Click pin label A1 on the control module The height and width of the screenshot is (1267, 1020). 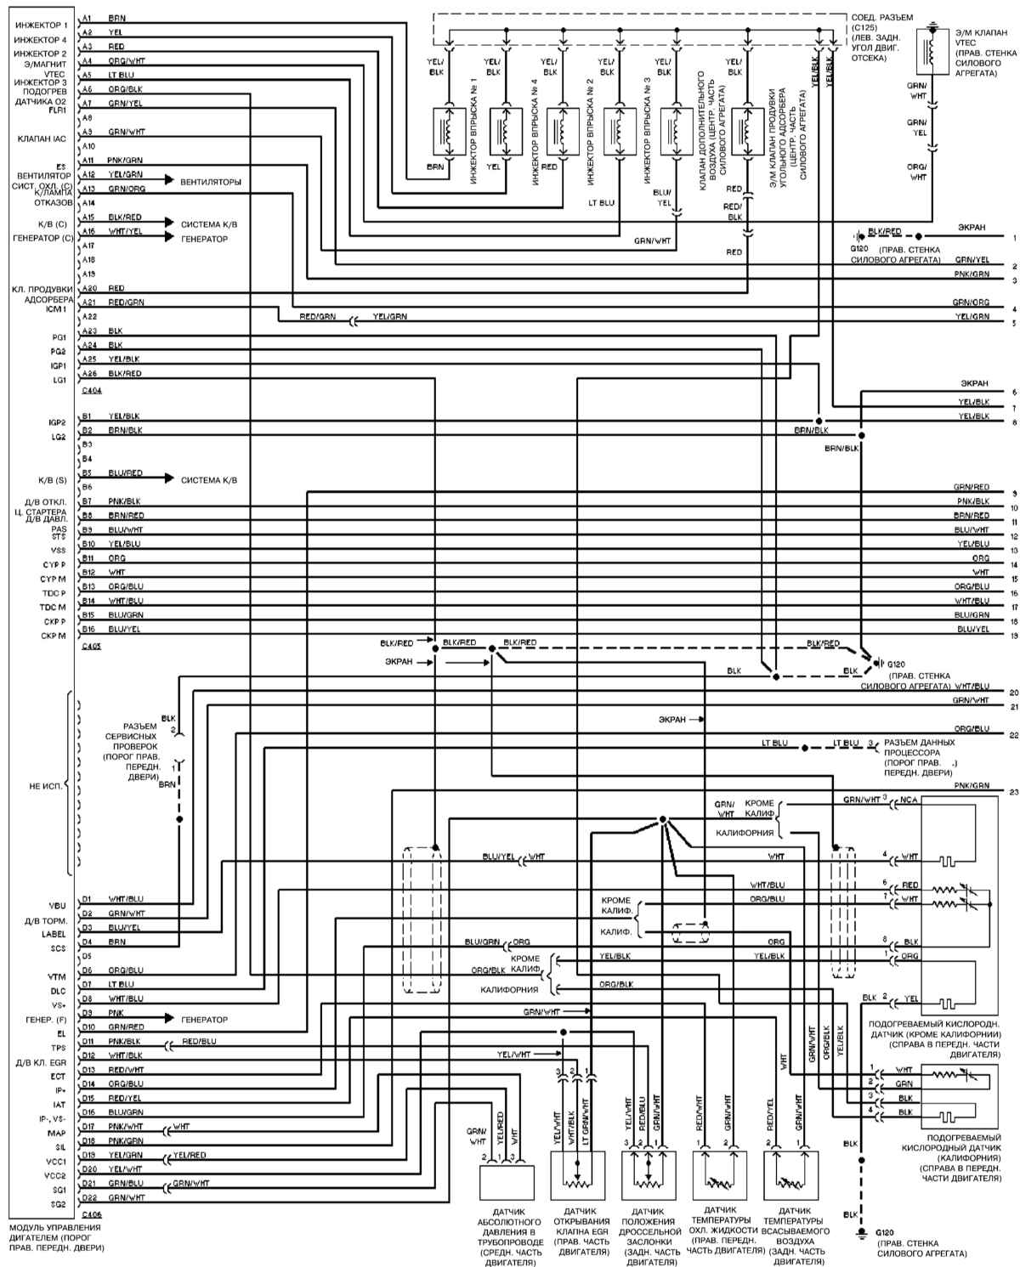pos(88,18)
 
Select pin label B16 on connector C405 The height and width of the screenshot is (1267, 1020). pos(88,629)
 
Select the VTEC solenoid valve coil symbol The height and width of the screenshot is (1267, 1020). pos(932,53)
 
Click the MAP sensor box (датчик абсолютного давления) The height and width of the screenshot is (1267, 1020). pos(507,1182)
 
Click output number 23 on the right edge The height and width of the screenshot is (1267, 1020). pos(1013,792)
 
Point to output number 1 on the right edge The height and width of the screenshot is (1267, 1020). pos(1013,238)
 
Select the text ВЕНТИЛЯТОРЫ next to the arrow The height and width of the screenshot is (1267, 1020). pos(210,182)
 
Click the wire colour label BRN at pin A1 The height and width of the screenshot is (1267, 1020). pos(117,18)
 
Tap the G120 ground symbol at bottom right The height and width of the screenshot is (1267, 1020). pos(860,1230)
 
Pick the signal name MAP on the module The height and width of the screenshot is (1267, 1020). pos(58,1133)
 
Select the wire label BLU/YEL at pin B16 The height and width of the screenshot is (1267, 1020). pos(125,629)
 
